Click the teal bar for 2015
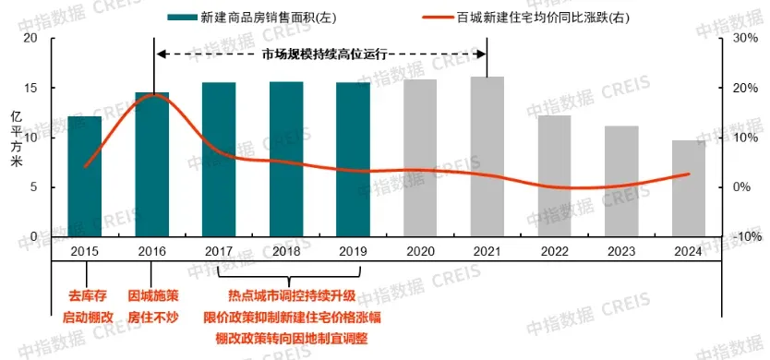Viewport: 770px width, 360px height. tap(85, 176)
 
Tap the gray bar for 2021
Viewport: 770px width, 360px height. tap(487, 157)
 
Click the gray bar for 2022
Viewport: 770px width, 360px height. tap(554, 176)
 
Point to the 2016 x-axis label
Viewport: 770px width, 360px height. tap(152, 251)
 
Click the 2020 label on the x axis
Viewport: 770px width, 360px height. tap(420, 251)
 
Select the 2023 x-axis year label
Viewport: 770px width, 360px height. tap(621, 251)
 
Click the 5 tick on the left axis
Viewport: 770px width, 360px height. tap(33, 187)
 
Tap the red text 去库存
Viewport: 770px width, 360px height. tap(87, 295)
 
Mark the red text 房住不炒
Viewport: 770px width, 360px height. tap(152, 317)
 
